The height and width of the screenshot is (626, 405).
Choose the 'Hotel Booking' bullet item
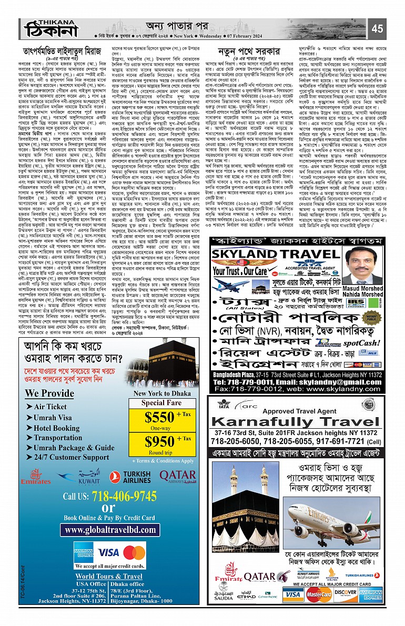56,428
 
